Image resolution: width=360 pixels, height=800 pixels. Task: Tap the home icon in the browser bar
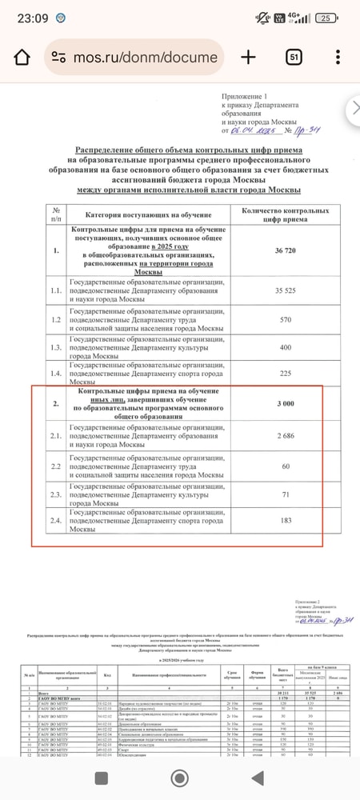pos(22,57)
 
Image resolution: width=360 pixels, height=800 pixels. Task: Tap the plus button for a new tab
pos(248,57)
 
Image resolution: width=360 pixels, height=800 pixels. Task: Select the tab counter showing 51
pos(294,57)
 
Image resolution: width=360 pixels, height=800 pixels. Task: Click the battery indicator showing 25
pos(326,18)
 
